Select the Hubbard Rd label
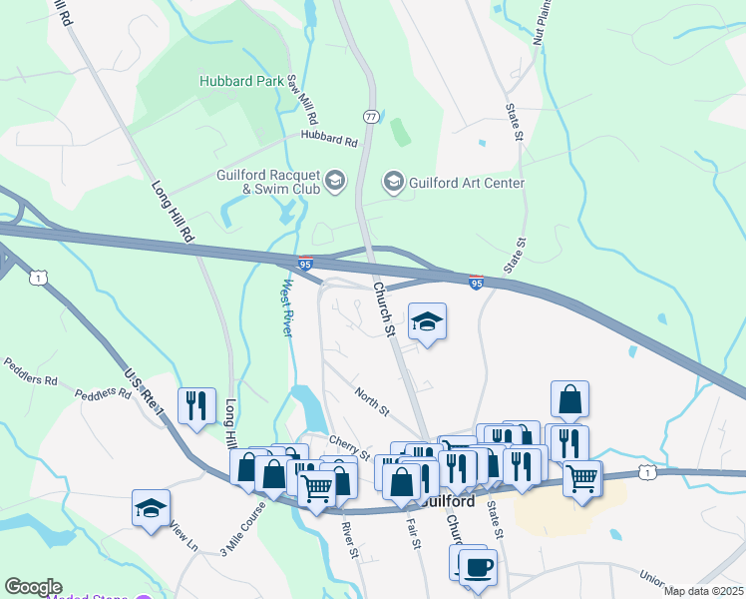[x=328, y=140]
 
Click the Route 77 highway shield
[x=371, y=117]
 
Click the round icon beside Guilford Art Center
[x=394, y=182]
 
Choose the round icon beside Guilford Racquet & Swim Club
[x=335, y=181]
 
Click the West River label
[x=284, y=306]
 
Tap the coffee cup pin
[x=478, y=567]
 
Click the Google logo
[x=33, y=587]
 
